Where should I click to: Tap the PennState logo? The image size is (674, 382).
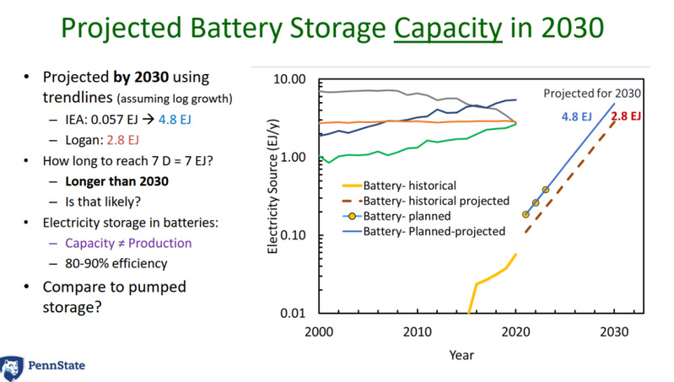(43, 366)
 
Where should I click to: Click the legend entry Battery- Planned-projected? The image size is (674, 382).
(433, 229)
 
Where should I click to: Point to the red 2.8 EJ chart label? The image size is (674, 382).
(627, 116)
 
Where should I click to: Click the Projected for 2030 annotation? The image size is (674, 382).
(592, 93)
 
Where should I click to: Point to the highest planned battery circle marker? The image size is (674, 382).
(545, 190)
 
